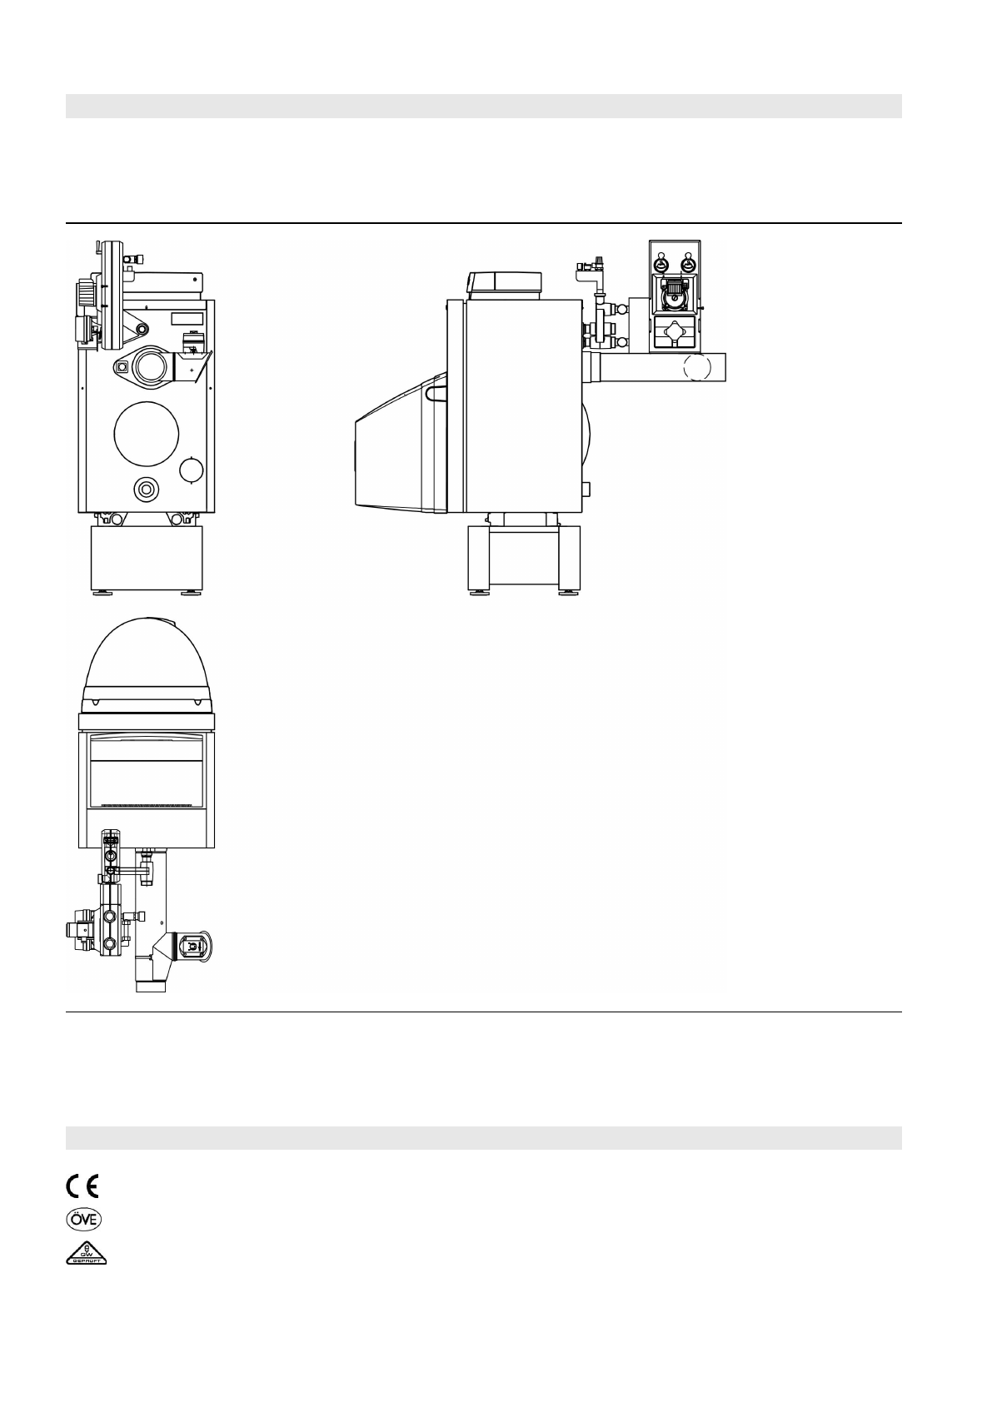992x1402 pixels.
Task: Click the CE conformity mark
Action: (x=82, y=1185)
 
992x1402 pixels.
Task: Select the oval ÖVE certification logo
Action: (x=83, y=1219)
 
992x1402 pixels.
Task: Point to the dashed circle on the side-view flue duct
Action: (x=698, y=367)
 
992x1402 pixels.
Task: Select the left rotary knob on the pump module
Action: (x=661, y=264)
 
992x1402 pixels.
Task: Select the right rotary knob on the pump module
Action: (x=688, y=264)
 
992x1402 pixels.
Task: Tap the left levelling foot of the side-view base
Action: (x=479, y=593)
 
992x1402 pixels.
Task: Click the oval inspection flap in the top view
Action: (x=192, y=947)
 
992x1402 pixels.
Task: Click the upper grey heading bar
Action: (x=483, y=106)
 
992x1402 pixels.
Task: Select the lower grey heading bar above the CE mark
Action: (x=483, y=1137)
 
